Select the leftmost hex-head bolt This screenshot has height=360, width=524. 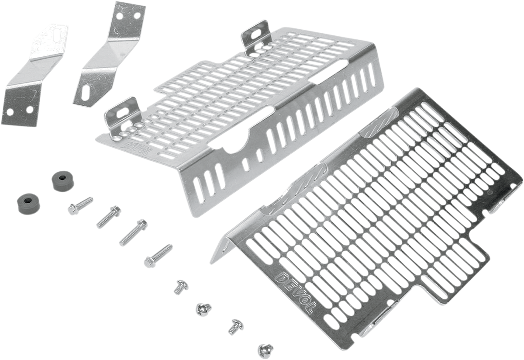coord(80,205)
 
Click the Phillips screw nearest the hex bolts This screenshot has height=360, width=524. coord(179,286)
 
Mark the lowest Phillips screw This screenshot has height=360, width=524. coord(264,348)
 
